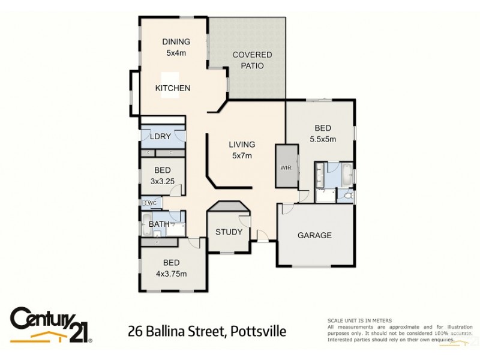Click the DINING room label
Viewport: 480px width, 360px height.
click(176, 41)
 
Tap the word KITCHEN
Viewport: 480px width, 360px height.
click(173, 88)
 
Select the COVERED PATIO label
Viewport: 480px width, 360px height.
click(252, 60)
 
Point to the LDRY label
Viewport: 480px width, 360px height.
click(160, 136)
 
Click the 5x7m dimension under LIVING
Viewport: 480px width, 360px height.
click(242, 155)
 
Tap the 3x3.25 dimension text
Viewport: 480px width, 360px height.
click(163, 181)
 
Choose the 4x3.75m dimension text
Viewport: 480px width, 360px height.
click(171, 274)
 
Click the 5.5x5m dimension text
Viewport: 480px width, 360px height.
click(322, 139)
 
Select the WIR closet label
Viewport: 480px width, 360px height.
click(286, 167)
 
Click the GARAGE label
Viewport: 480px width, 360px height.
click(314, 235)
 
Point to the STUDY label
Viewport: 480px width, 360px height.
click(229, 232)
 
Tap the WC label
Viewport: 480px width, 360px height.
click(152, 203)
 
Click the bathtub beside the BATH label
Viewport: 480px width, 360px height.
click(146, 224)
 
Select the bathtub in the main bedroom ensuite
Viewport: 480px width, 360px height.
click(347, 176)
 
